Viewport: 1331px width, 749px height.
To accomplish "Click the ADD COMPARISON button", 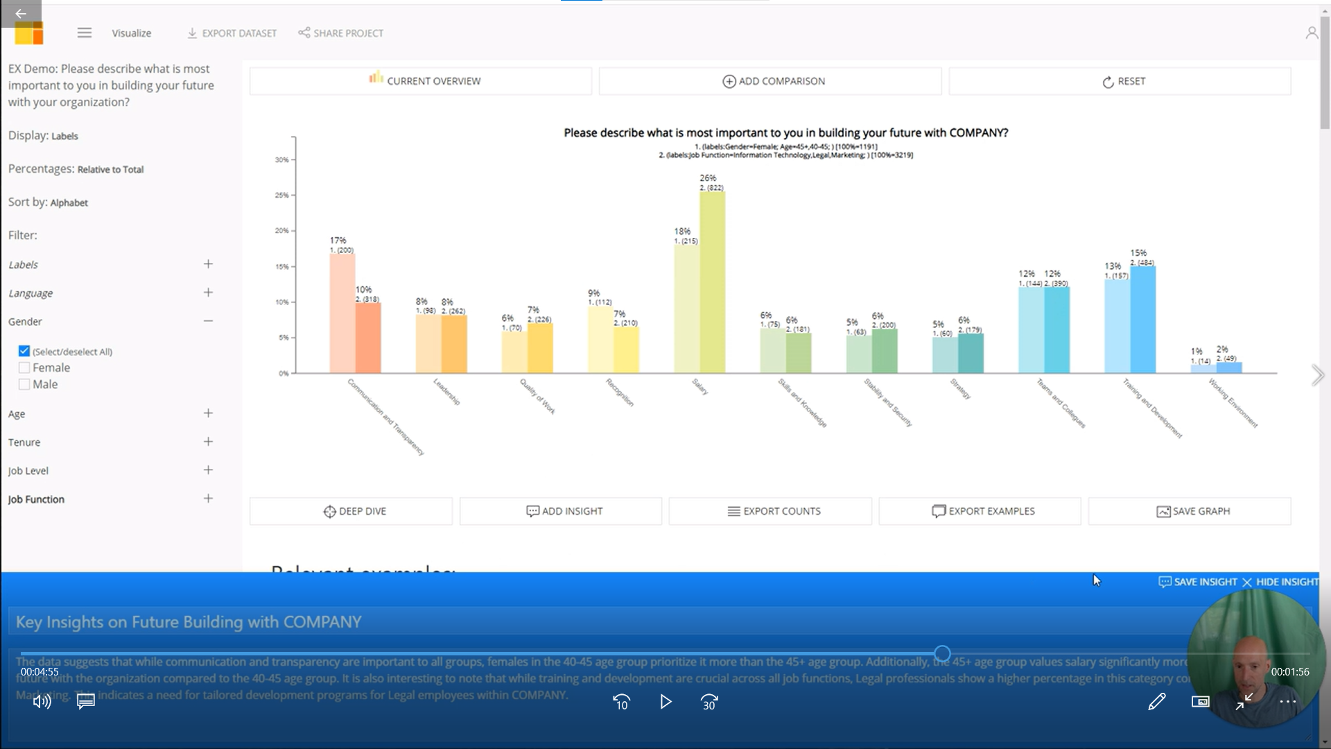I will [773, 81].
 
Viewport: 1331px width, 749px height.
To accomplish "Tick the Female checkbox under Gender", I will [24, 368].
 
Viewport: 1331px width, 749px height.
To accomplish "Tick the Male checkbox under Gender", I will [24, 384].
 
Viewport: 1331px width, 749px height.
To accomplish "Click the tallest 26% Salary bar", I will [713, 284].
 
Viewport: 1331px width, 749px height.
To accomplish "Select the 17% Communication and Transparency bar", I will [342, 316].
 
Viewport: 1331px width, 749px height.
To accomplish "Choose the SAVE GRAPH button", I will [1190, 511].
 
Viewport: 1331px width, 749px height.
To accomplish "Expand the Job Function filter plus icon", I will [208, 499].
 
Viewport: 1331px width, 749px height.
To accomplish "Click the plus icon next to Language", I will [208, 293].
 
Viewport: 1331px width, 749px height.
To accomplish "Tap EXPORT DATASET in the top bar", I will [232, 33].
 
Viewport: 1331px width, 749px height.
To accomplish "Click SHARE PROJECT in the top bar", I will [340, 33].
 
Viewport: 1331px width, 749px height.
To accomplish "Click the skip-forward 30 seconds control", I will [709, 702].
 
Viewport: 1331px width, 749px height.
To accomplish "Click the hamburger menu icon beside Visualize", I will [85, 33].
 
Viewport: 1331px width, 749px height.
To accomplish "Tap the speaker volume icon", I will [42, 702].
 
